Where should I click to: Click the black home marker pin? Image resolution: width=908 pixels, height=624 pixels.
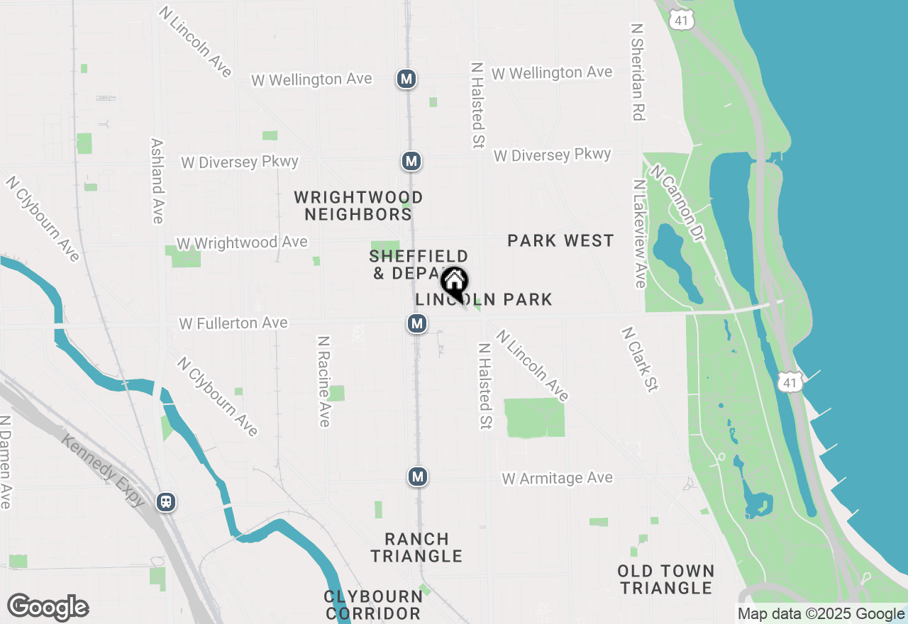pyautogui.click(x=454, y=283)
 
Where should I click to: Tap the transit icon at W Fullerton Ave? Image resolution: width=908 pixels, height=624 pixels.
pyautogui.click(x=417, y=324)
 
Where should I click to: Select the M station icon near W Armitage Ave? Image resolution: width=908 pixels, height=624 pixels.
pyautogui.click(x=418, y=477)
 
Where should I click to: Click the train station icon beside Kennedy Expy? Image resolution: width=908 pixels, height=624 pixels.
pyautogui.click(x=166, y=502)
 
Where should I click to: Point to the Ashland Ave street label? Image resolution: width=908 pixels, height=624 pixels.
pyautogui.click(x=157, y=180)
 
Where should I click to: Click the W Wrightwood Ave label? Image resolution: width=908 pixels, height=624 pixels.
pyautogui.click(x=242, y=243)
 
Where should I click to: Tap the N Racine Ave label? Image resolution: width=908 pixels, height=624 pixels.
pyautogui.click(x=323, y=381)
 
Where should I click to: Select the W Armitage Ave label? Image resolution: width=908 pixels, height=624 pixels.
pyautogui.click(x=557, y=479)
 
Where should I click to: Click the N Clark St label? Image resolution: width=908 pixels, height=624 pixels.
pyautogui.click(x=640, y=359)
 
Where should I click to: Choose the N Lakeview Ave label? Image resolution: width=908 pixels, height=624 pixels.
pyautogui.click(x=639, y=233)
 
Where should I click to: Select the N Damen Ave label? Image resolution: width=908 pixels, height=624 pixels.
pyautogui.click(x=5, y=462)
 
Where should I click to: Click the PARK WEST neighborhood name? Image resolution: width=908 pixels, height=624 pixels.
pyautogui.click(x=560, y=241)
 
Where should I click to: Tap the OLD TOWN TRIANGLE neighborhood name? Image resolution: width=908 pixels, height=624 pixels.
pyautogui.click(x=665, y=579)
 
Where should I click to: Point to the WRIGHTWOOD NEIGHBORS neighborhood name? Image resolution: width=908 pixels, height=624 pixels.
pyautogui.click(x=359, y=206)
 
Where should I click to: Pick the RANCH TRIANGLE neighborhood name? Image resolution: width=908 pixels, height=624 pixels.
pyautogui.click(x=417, y=547)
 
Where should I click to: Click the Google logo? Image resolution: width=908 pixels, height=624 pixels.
pyautogui.click(x=48, y=608)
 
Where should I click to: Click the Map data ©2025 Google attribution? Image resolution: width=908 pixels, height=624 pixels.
pyautogui.click(x=821, y=614)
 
